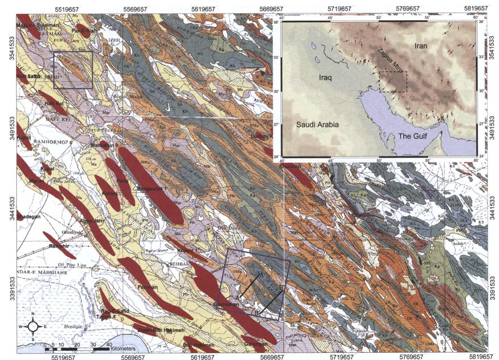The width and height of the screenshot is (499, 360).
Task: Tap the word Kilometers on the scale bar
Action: coord(123,349)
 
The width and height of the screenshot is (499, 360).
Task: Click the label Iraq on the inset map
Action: coord(325,78)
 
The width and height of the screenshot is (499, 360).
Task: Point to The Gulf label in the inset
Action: coord(412,136)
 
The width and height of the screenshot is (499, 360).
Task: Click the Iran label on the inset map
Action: coord(421,46)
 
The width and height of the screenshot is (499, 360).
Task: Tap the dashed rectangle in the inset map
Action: coord(393,82)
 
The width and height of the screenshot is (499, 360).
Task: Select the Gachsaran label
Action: coord(226,304)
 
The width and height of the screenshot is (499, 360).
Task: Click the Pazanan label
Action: coord(148,287)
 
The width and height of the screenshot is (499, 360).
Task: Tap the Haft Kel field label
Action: coord(54,104)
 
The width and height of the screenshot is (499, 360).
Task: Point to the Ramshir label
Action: coord(59,246)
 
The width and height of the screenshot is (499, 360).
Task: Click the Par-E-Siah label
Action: coord(83,31)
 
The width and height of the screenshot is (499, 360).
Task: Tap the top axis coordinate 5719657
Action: coord(339,9)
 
